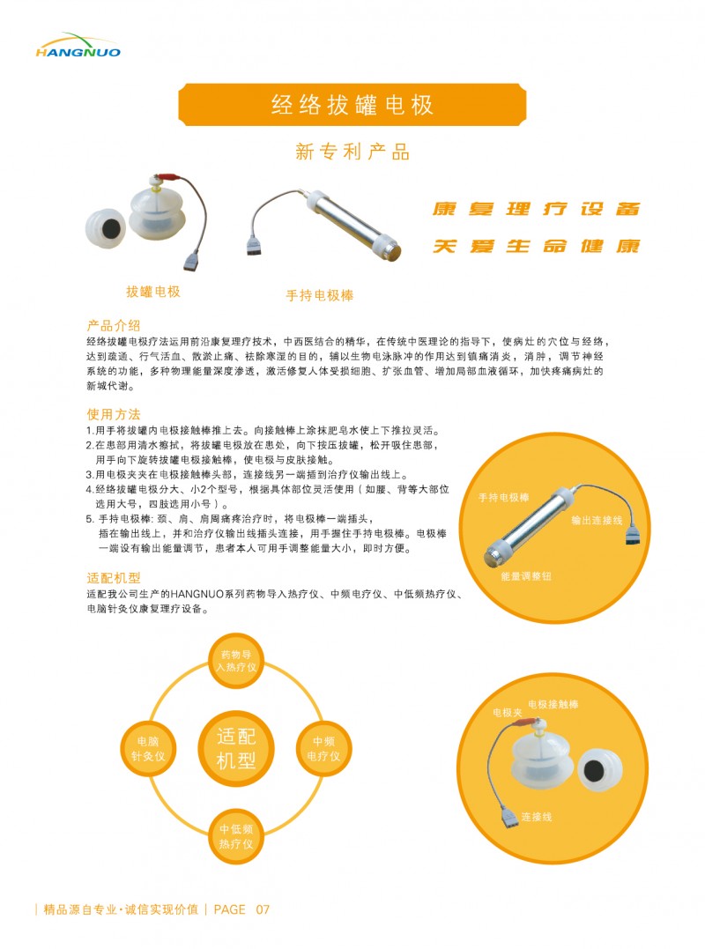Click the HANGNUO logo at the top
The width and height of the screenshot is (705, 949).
(x=78, y=46)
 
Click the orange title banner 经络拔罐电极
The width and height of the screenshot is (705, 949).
(x=352, y=106)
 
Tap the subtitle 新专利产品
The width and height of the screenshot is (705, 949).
(x=352, y=152)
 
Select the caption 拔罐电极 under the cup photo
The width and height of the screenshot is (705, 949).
(x=153, y=292)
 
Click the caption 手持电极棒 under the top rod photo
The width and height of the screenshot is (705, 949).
(x=320, y=296)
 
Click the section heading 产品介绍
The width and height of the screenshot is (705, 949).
(x=113, y=325)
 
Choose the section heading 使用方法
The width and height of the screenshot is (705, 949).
(x=113, y=414)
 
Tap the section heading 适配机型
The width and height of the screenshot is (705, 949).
(x=113, y=579)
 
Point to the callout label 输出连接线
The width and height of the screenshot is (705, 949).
(x=597, y=521)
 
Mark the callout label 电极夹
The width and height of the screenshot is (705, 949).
(x=508, y=711)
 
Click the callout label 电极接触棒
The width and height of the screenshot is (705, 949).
(x=553, y=705)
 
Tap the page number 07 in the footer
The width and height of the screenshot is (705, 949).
(x=263, y=909)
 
